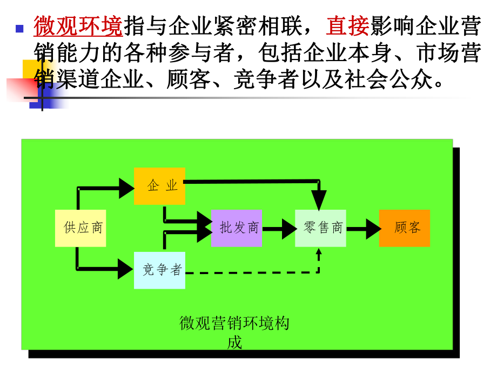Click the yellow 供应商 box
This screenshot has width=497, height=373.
coord(80,228)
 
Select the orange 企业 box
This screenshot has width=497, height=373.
coord(159,186)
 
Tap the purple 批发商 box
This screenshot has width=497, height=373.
coord(237,228)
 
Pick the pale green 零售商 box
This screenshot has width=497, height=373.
coord(320,228)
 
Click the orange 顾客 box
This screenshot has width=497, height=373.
coord(404,228)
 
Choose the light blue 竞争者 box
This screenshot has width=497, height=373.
coord(159,270)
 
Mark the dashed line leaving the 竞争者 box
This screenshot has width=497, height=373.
coord(249,272)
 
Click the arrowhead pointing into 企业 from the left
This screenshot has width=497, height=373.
coord(125,188)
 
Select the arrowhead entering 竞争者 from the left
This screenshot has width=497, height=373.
coord(125,269)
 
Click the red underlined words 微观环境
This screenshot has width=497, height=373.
coord(78,25)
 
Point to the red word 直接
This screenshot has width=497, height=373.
coord(347,25)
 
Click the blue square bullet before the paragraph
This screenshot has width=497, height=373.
coord(20,29)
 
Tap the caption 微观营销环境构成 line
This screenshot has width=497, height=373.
coord(234,323)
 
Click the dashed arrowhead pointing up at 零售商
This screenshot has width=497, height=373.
coord(319,252)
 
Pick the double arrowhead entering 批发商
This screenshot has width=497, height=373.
coord(204,227)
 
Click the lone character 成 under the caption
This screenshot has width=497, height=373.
coord(234,342)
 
